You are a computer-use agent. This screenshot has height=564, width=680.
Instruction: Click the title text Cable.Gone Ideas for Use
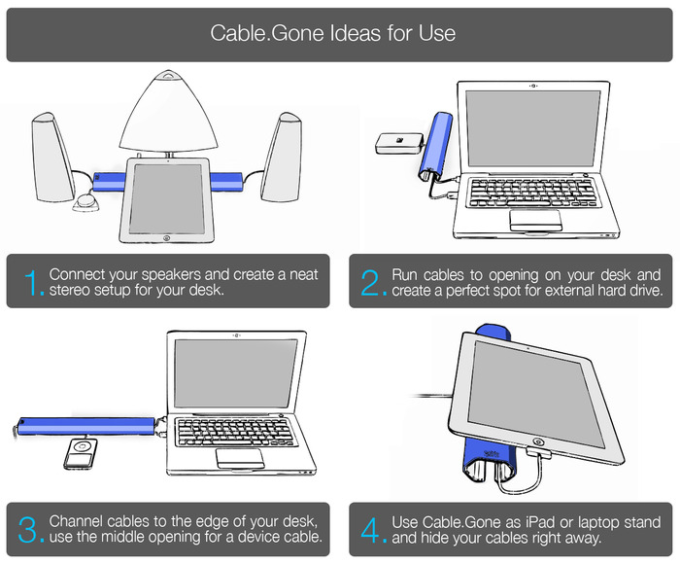pyautogui.click(x=332, y=33)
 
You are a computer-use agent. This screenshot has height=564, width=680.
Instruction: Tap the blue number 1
pyautogui.click(x=33, y=282)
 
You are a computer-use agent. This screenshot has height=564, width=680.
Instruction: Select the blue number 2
pyautogui.click(x=371, y=282)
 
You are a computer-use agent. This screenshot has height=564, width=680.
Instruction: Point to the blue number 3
pyautogui.click(x=33, y=529)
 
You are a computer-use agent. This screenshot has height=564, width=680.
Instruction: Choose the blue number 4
pyautogui.click(x=371, y=529)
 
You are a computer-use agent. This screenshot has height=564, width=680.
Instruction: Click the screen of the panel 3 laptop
pyautogui.click(x=237, y=373)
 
